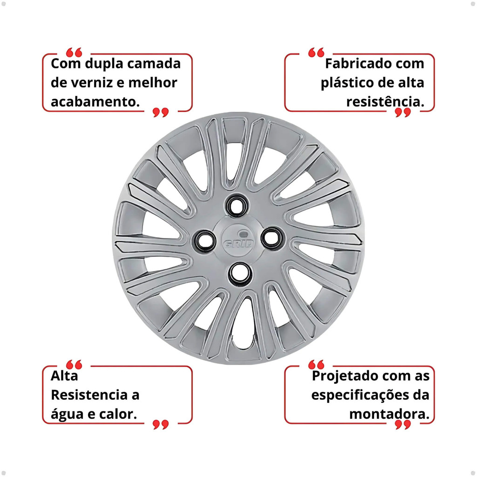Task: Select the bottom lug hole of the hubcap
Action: [240, 273]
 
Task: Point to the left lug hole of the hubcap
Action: [205, 239]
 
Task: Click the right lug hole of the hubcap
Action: [272, 238]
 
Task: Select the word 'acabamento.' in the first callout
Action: [95, 102]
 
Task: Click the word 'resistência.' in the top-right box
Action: [385, 102]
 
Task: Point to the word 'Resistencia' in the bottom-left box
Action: [89, 395]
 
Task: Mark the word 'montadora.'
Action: [389, 414]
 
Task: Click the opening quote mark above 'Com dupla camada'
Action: [74, 52]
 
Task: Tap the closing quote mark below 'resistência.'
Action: [403, 112]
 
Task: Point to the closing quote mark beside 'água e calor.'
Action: [161, 425]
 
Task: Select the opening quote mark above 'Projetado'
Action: [316, 364]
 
